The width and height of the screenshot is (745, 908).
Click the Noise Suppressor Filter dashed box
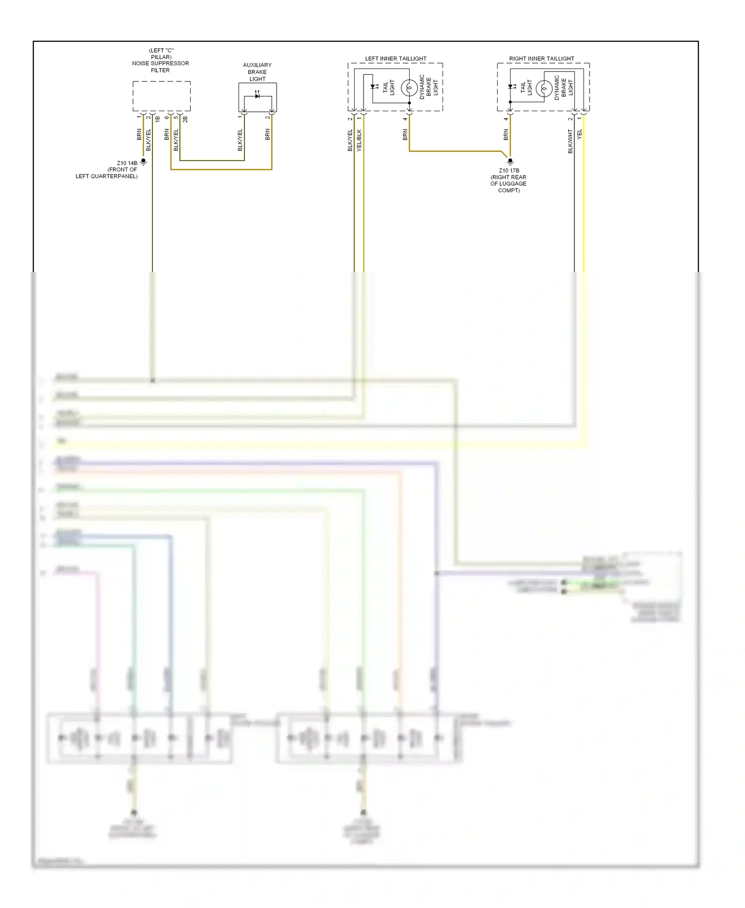click(x=161, y=96)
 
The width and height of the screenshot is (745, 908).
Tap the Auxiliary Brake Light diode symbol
click(x=257, y=96)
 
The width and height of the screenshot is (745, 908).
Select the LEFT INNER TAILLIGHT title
click(x=395, y=59)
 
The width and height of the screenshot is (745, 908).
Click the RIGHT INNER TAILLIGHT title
click(x=541, y=59)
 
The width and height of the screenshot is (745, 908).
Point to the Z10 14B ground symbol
click(x=144, y=162)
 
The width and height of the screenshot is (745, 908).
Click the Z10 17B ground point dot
click(x=510, y=160)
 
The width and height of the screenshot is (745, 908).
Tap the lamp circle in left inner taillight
click(x=409, y=88)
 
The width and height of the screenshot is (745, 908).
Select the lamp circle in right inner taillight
click(x=543, y=89)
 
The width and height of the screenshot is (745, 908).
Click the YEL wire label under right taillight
click(x=580, y=134)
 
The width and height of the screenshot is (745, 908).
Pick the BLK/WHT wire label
click(x=570, y=141)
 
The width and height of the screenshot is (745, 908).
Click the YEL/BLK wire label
click(x=359, y=140)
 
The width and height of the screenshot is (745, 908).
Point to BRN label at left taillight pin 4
click(x=405, y=134)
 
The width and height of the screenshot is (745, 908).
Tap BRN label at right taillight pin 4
click(x=506, y=134)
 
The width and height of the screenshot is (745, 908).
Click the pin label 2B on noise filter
click(x=185, y=119)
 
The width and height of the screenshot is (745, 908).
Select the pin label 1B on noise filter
click(x=157, y=119)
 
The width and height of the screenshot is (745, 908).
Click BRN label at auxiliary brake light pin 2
click(x=268, y=134)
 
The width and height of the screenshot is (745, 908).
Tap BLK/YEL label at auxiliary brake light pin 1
click(x=240, y=140)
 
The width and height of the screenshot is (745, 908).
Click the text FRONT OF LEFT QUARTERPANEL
click(x=107, y=173)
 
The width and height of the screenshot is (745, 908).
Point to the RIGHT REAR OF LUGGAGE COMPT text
click(x=509, y=184)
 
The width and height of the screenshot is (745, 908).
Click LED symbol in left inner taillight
click(x=373, y=87)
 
